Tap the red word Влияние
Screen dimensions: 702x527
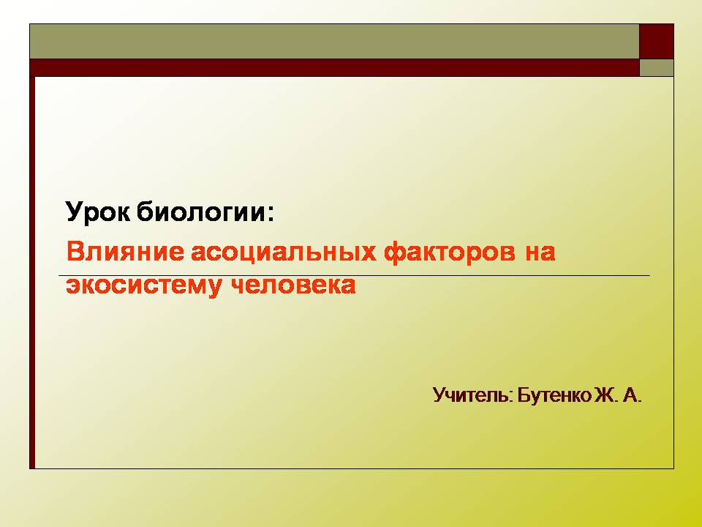[x=125, y=251]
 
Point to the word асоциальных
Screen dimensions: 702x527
[x=284, y=253]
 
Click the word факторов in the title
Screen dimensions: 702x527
[x=450, y=253]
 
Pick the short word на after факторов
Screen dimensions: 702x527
[x=540, y=253]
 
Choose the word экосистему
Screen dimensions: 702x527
[x=143, y=286]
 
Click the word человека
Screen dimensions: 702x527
[x=293, y=285]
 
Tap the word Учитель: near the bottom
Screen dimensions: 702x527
[x=473, y=396]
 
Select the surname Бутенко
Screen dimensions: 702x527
[x=554, y=396]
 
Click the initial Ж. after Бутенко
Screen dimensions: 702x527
[x=606, y=396]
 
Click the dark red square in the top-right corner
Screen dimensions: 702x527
[x=657, y=41]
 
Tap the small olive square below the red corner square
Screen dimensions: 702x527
[x=657, y=67]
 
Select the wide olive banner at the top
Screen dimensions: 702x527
[x=334, y=41]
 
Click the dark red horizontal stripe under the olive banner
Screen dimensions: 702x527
[x=334, y=67]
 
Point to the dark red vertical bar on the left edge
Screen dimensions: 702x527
[x=32, y=272]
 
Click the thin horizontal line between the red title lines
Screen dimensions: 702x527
[x=354, y=275]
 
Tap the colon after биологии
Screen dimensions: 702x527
[x=271, y=213]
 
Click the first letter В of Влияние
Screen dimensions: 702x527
[x=75, y=251]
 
